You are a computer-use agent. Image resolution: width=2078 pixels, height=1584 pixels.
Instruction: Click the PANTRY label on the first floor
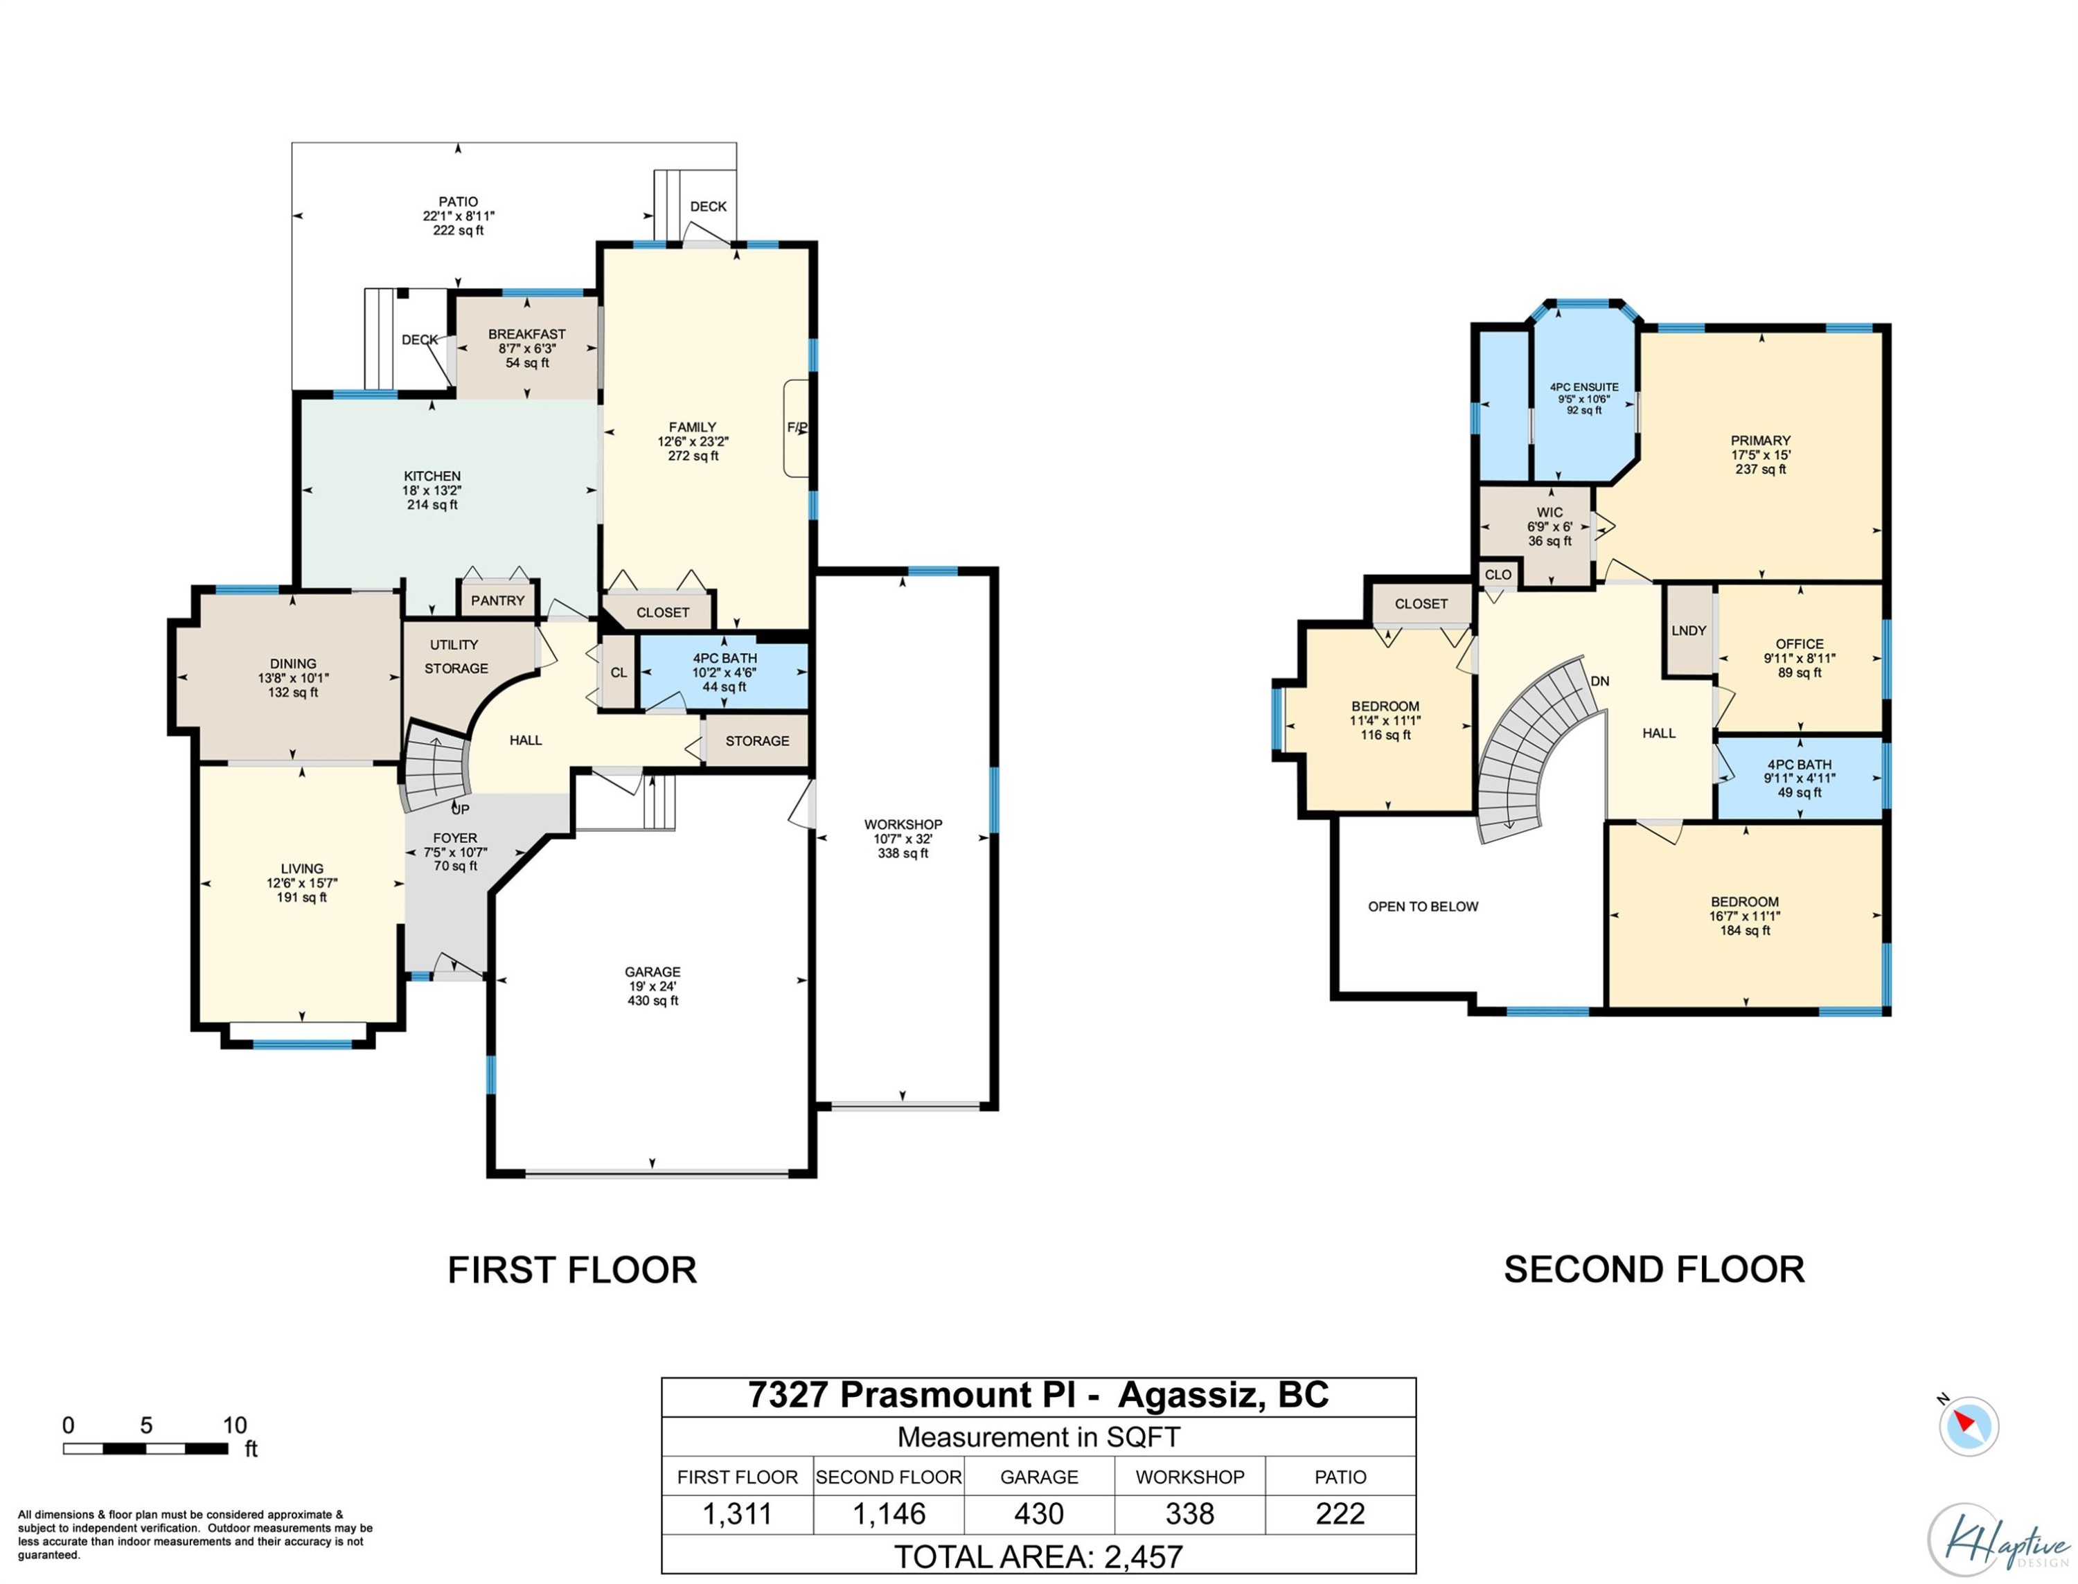pyautogui.click(x=497, y=600)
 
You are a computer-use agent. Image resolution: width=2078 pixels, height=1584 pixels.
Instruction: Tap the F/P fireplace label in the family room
pyautogui.click(x=797, y=428)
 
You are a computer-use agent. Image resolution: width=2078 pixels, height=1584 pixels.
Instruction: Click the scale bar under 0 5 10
pyautogui.click(x=145, y=1448)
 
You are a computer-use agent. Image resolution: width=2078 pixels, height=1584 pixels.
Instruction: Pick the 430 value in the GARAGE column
pyautogui.click(x=1038, y=1513)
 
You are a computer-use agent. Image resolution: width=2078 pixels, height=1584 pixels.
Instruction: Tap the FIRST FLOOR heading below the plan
pyautogui.click(x=571, y=1270)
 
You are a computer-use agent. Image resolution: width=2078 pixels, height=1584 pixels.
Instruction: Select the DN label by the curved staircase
pyautogui.click(x=1599, y=681)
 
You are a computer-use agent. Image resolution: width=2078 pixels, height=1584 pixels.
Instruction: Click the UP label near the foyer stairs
pyautogui.click(x=460, y=809)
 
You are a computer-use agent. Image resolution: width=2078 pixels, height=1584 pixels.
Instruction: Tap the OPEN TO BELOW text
pyautogui.click(x=1423, y=906)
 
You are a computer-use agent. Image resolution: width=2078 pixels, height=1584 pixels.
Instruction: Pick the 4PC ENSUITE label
pyautogui.click(x=1584, y=386)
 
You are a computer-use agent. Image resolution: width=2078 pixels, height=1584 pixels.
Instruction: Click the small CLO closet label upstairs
pyautogui.click(x=1498, y=575)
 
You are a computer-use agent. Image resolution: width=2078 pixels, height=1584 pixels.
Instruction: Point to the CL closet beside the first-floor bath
pyautogui.click(x=619, y=673)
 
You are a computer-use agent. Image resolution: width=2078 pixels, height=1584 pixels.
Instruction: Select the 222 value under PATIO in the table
pyautogui.click(x=1340, y=1513)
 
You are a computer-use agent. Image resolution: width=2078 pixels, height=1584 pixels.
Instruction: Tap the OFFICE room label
pyautogui.click(x=1799, y=644)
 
